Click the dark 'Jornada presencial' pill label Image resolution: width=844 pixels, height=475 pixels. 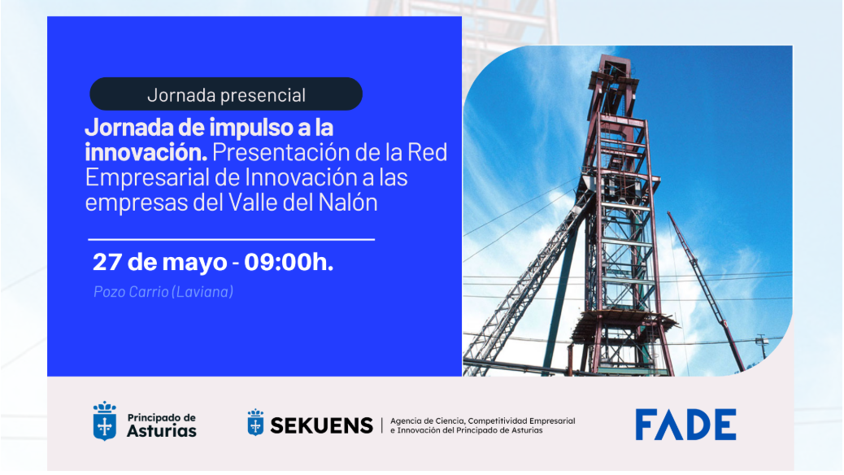[x=226, y=94]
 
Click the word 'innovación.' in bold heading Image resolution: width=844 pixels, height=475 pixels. [x=146, y=152]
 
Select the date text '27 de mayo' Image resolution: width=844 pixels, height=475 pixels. [x=160, y=262]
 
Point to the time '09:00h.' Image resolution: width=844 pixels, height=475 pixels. [x=289, y=262]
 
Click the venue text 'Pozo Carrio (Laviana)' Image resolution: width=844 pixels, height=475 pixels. [x=163, y=291]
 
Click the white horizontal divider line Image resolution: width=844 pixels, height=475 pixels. [x=232, y=239]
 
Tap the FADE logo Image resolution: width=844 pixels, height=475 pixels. [x=685, y=425]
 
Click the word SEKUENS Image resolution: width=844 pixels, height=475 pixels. [x=321, y=425]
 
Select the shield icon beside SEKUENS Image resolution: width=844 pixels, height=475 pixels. [x=255, y=422]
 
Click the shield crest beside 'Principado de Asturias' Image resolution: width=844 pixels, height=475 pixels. [x=104, y=421]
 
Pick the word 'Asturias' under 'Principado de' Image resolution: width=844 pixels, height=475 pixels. [x=162, y=431]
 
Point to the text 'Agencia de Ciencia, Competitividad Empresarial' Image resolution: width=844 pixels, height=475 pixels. [x=482, y=421]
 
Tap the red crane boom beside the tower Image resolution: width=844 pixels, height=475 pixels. [x=706, y=291]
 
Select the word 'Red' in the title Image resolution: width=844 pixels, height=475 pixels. [x=428, y=152]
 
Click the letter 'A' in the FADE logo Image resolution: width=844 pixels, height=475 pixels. [x=671, y=425]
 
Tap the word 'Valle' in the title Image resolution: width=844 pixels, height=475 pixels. [x=253, y=203]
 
